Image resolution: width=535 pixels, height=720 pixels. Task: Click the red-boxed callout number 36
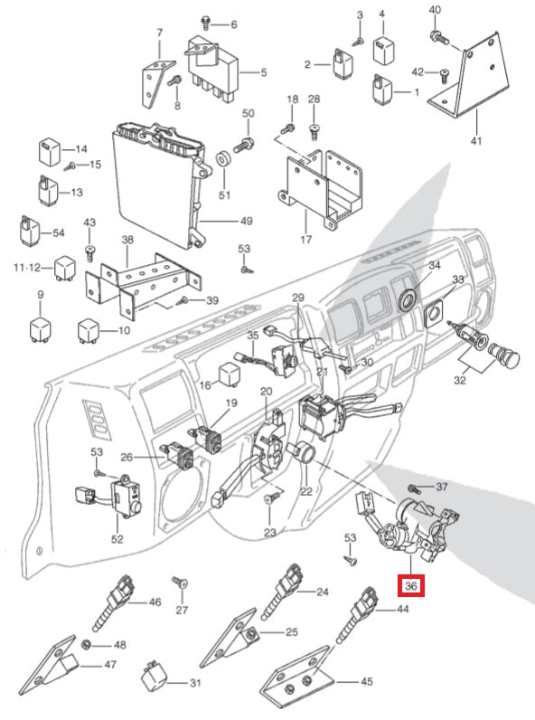coord(411,585)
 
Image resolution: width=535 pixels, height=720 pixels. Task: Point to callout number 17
coord(306,239)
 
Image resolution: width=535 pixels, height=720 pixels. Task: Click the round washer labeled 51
coord(224,160)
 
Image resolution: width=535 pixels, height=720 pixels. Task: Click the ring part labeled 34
coord(407,298)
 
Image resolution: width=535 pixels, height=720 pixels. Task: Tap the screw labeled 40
coord(439,38)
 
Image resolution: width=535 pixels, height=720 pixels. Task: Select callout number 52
coord(117,538)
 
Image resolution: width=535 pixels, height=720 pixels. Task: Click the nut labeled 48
coord(86,644)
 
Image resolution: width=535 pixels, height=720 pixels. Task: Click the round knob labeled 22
coord(304,452)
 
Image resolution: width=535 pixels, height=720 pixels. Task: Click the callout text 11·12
coord(27,267)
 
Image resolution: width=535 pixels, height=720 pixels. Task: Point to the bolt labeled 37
coord(413,488)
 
